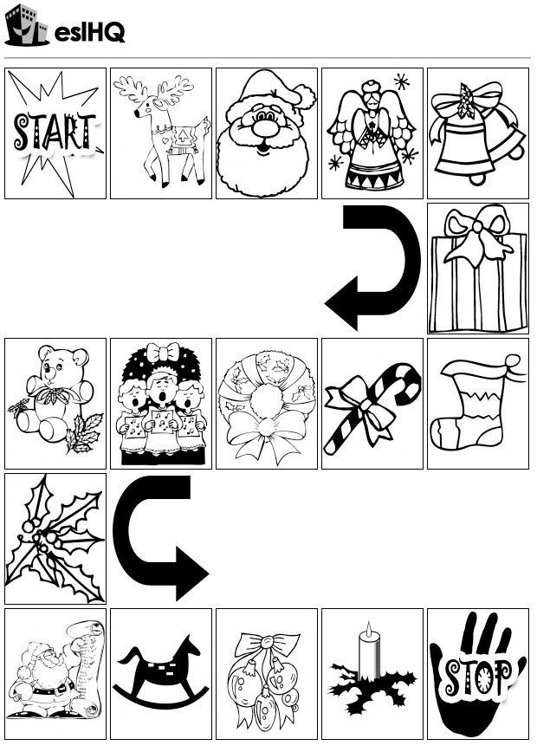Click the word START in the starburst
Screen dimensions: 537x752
click(x=55, y=133)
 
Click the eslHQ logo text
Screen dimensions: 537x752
click(x=90, y=33)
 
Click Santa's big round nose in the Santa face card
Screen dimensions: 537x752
click(x=263, y=127)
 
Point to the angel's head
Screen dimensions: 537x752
click(x=371, y=97)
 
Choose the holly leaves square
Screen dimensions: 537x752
click(x=55, y=539)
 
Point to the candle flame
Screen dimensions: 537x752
click(x=368, y=628)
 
